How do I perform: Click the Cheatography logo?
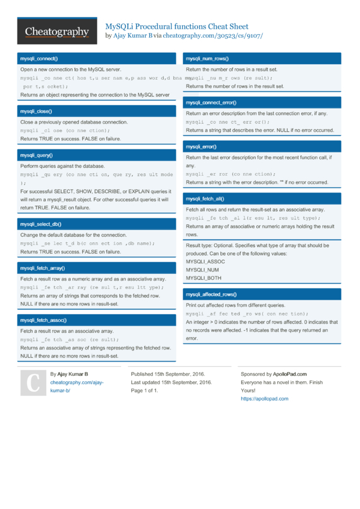pyautogui.click(x=57, y=32)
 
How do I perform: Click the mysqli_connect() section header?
pyautogui.click(x=39, y=59)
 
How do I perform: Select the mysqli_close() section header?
pyautogui.click(x=36, y=112)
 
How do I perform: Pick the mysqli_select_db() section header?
pyautogui.click(x=40, y=224)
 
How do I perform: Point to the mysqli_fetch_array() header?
pyautogui.click(x=43, y=269)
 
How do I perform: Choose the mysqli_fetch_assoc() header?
pyautogui.click(x=43, y=321)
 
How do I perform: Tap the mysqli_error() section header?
pyautogui.click(x=201, y=147)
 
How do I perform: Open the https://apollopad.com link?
pyautogui.click(x=264, y=399)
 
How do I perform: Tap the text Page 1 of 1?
pyautogui.click(x=145, y=391)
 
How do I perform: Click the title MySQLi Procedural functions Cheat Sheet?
pyautogui.click(x=177, y=27)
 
